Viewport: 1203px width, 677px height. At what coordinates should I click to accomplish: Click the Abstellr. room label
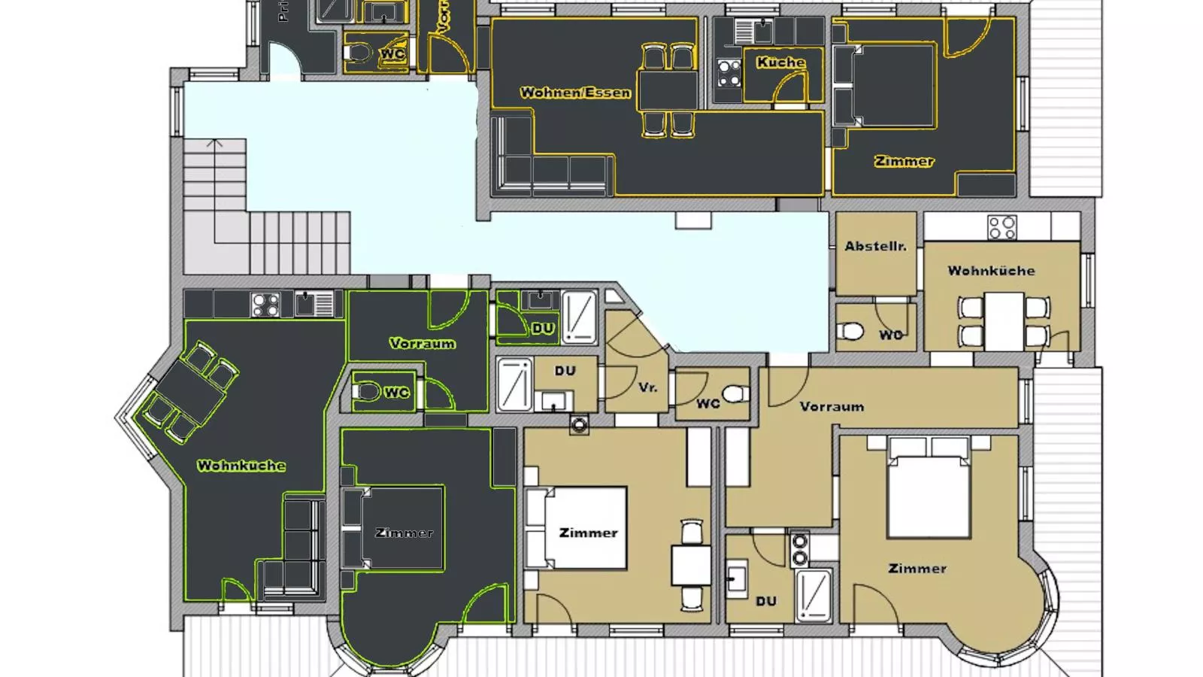875,246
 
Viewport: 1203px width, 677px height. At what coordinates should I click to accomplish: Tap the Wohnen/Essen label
575,93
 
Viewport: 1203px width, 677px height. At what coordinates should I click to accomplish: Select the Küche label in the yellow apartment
780,62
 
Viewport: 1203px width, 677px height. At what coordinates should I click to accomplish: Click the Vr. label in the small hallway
647,387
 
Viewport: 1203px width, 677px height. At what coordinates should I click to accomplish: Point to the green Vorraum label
422,343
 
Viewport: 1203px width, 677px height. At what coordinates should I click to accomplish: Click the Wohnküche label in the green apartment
241,466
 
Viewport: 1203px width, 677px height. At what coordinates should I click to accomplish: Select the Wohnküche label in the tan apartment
991,271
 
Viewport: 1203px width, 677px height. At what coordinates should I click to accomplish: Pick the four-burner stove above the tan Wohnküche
1001,226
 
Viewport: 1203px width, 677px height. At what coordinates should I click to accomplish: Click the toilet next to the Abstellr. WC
851,331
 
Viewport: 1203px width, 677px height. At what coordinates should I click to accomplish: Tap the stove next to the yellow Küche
729,74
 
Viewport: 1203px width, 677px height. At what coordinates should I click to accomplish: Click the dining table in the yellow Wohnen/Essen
668,90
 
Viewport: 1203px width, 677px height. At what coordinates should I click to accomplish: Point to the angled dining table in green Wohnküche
191,391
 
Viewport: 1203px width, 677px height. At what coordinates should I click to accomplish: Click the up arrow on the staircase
215,143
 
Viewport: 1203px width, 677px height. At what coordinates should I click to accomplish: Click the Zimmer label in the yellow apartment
904,161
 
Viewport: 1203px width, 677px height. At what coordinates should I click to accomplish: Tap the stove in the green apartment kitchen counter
265,305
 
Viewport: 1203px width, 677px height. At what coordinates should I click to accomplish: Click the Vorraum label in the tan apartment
832,406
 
